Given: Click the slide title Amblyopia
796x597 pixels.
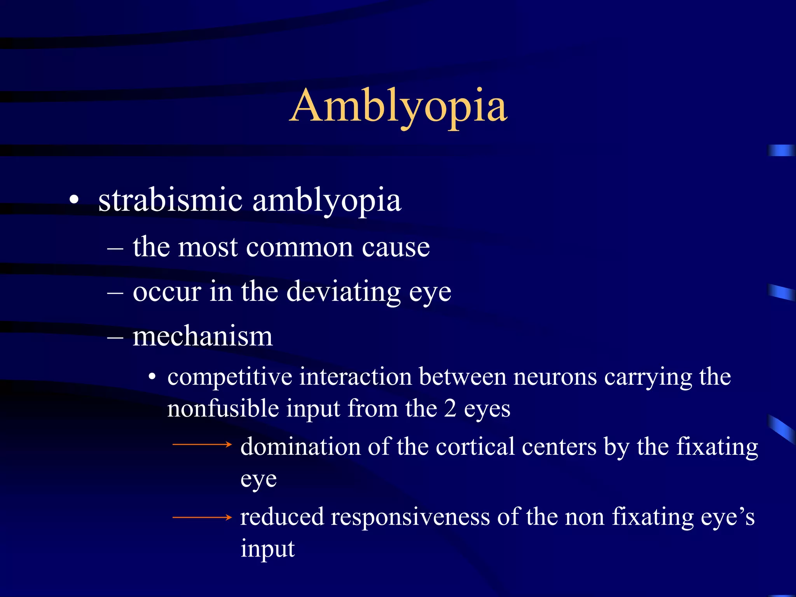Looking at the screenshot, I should point(398,106).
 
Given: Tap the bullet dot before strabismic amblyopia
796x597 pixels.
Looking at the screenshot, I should point(74,201).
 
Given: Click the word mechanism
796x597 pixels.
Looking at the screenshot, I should point(202,336).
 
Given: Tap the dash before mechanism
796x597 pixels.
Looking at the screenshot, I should point(115,337).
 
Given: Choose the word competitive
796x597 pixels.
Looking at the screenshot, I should point(230,377).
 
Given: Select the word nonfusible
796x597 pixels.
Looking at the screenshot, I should point(223,409).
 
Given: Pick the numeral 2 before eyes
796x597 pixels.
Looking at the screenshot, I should point(450,409).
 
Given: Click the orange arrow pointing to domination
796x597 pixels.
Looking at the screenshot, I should point(202,444).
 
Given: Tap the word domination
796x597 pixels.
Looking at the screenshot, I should point(300,447).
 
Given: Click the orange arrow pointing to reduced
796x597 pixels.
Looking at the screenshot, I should point(202,517).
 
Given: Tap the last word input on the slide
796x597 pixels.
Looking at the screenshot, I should point(267,549).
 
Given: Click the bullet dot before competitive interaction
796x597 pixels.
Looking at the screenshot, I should point(152,377).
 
